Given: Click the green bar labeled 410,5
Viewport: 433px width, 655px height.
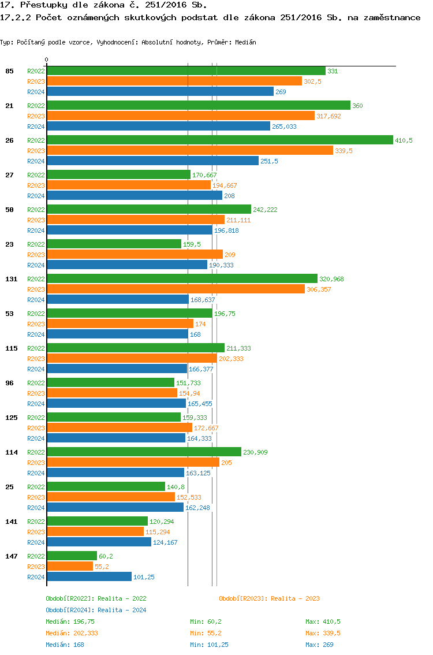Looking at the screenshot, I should pos(219,140).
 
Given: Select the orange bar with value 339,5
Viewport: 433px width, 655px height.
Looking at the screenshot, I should pos(190,151).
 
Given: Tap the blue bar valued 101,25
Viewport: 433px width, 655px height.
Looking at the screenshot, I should pos(89,577).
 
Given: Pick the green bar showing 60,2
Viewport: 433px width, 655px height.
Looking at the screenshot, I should pos(72,556).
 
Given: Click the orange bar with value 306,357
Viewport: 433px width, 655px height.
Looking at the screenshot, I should pos(176,289).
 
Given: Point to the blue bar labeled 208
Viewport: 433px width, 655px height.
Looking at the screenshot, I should pos(135,196).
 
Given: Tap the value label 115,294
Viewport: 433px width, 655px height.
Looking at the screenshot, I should pos(158,532).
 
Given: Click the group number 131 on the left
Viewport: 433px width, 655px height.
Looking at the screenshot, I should pos(12,279).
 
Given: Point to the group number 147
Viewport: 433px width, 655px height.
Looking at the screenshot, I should pos(12,556).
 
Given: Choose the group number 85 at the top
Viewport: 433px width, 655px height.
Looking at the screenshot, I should pos(9,71).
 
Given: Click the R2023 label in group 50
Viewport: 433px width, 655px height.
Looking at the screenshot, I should pos(36,220).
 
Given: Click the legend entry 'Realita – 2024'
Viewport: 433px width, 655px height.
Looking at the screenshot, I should pos(122,610).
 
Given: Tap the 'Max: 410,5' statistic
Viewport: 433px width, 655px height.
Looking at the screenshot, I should pos(323,621).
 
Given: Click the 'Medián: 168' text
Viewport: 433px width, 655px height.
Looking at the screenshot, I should pos(65,645).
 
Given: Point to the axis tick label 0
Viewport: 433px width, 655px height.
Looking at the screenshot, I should pos(47,59).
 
